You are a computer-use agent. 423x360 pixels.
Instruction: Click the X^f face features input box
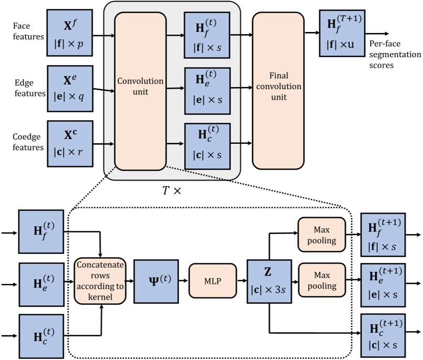click(70, 33)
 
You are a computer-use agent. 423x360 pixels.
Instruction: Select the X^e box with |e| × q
click(70, 88)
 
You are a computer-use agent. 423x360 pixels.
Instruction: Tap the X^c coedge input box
click(70, 143)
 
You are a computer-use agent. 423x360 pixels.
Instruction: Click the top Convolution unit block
click(140, 91)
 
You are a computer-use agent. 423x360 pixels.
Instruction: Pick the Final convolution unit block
click(278, 90)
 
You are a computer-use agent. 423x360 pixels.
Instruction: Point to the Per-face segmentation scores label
click(395, 55)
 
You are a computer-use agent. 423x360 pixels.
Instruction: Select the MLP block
click(213, 280)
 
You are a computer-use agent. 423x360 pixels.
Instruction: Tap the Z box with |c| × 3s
click(269, 280)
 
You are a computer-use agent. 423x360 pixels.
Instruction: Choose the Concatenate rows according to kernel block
click(100, 280)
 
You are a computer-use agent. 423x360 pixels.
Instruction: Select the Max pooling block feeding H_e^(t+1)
click(322, 280)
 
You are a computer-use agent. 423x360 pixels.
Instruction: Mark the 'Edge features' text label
click(29, 88)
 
